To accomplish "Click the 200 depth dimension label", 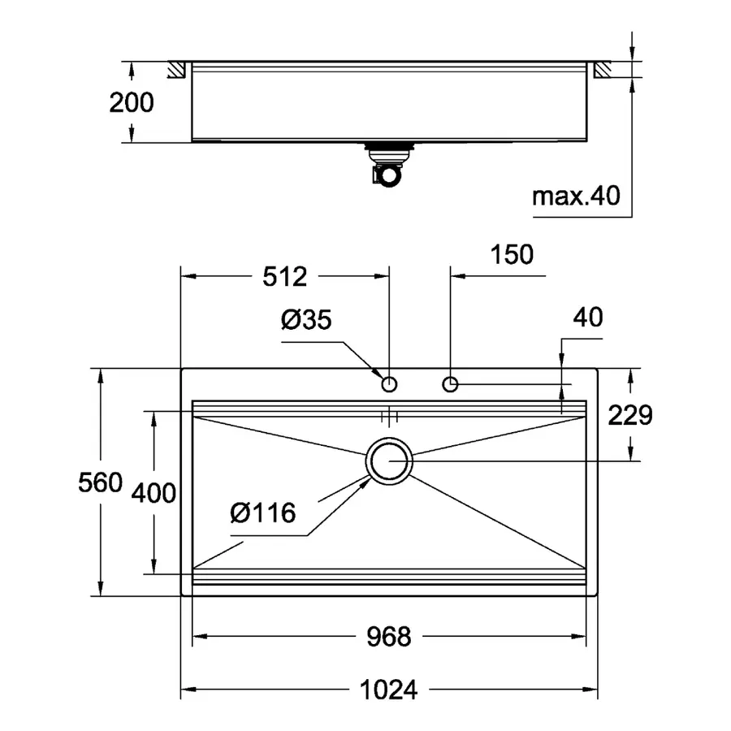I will [x=132, y=102].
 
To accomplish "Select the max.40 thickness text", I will [x=576, y=196].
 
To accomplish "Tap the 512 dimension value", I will [x=285, y=277].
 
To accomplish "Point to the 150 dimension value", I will [x=513, y=255].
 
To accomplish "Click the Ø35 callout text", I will [x=306, y=321].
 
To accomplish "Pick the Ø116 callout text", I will [x=262, y=513].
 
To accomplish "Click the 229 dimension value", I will [x=630, y=415].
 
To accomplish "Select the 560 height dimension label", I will [x=100, y=483].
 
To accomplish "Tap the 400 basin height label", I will [x=154, y=492].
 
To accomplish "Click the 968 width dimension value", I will [x=387, y=637].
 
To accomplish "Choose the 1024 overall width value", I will [x=387, y=690].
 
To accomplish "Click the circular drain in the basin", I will [x=390, y=461].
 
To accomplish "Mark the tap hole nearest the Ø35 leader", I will [x=390, y=383].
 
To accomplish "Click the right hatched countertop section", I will [x=604, y=71].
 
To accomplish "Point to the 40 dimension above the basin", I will [x=587, y=318].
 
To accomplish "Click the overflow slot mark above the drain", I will [x=390, y=417].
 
